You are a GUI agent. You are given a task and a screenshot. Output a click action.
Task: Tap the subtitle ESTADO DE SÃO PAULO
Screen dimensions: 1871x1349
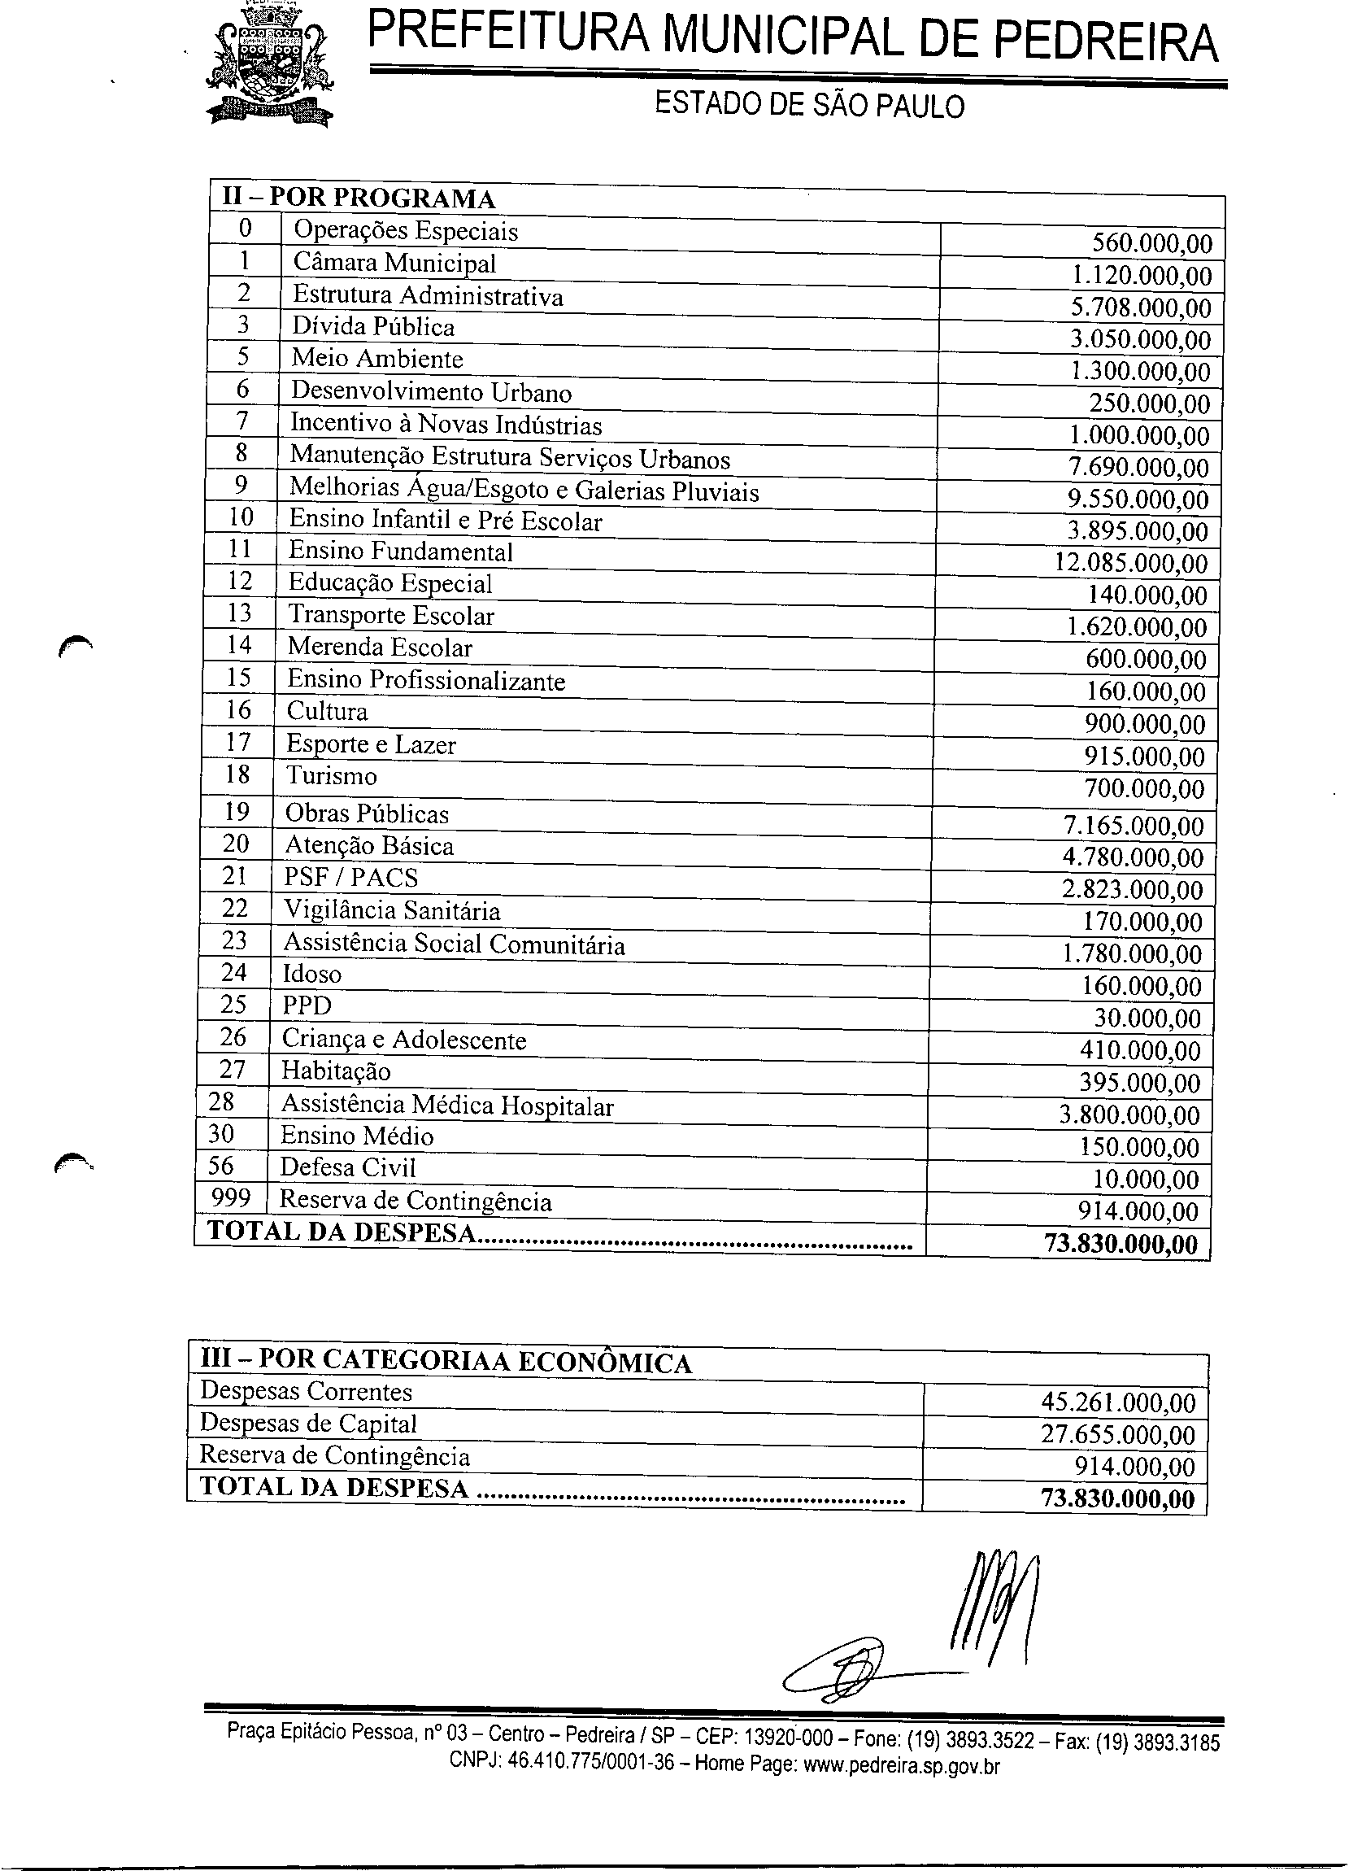(809, 107)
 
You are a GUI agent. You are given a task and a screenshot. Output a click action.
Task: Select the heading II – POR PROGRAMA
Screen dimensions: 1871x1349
(358, 198)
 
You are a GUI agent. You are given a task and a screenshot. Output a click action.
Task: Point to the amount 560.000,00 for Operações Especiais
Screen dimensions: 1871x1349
(1152, 243)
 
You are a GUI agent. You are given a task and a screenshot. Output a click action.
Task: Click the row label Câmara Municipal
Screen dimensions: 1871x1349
(394, 264)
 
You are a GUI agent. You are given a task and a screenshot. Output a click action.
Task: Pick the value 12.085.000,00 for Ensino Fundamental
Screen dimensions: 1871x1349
(1131, 564)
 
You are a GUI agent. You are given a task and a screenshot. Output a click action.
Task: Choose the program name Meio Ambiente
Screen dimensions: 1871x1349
(376, 359)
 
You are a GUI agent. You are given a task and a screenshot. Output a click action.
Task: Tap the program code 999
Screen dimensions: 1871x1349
(231, 1197)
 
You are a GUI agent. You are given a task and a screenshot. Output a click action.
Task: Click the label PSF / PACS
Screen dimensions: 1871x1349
(350, 877)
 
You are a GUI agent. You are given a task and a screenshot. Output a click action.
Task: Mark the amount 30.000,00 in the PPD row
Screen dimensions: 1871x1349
(1147, 1018)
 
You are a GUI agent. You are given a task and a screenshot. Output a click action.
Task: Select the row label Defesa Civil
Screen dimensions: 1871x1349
(347, 1167)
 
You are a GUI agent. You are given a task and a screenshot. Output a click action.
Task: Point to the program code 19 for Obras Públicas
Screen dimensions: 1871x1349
(237, 812)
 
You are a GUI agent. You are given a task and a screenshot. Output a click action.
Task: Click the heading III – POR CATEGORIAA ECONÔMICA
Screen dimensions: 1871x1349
(446, 1362)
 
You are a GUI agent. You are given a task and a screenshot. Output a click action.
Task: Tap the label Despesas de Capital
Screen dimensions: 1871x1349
(308, 1424)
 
